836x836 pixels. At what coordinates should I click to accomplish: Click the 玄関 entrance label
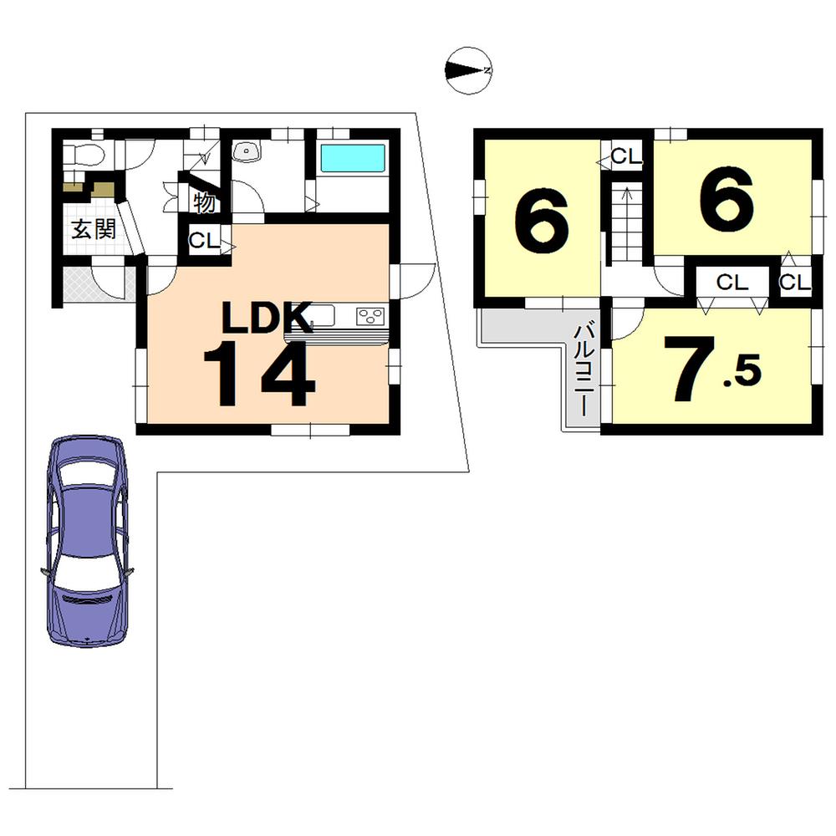92,230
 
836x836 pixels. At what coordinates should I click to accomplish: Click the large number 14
260,373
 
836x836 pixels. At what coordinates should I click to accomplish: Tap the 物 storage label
203,201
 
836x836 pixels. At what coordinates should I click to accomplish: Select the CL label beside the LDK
203,241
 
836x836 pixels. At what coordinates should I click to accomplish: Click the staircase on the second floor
624,222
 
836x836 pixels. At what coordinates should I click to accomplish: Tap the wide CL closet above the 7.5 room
731,283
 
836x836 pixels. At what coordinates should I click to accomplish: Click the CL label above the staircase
625,155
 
